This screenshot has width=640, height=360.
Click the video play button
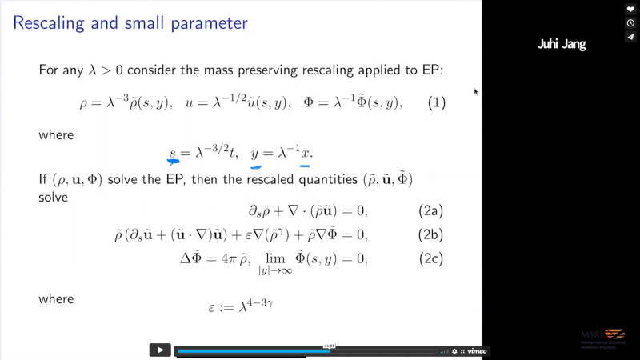tap(160, 350)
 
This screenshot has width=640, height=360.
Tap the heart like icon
tap(630, 10)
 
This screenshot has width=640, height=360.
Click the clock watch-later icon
tap(630, 23)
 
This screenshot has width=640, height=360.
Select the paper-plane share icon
tap(630, 37)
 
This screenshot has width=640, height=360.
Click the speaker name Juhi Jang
tap(562, 45)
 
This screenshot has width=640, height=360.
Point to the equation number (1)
tap(435, 103)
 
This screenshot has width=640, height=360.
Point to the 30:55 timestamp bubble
tap(328, 346)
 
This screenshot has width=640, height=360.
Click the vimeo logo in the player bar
tap(478, 351)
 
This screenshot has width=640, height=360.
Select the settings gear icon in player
tap(454, 351)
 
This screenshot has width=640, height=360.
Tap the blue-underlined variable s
tap(172, 153)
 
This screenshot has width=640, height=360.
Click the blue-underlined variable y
tap(256, 153)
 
